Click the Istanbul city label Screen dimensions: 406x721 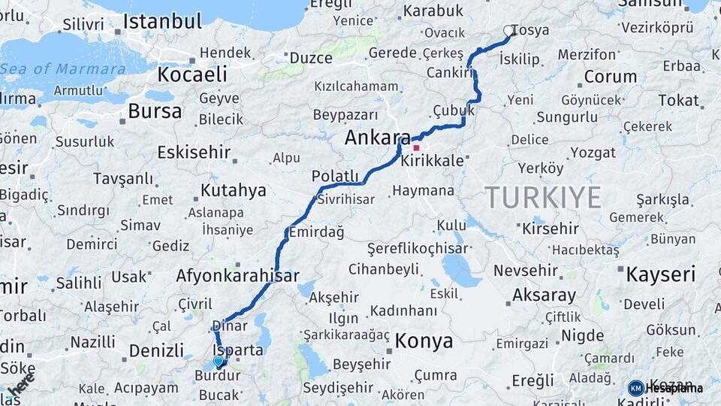[162, 22]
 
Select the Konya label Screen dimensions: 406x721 [424, 341]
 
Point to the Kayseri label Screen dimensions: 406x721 [661, 274]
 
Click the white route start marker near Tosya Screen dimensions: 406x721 [509, 31]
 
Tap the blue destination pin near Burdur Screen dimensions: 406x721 [219, 362]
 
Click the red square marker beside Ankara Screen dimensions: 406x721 [416, 148]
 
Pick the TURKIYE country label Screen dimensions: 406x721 [543, 197]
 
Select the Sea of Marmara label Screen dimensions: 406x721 [63, 69]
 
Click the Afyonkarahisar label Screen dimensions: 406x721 [237, 275]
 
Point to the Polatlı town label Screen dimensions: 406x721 [335, 175]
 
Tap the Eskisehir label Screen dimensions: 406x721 [194, 152]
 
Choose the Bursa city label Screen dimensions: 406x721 [155, 112]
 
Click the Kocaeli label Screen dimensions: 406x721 [192, 74]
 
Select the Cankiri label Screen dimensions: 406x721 [449, 72]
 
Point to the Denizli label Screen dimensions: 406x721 [156, 350]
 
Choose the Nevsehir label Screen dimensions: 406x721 [526, 271]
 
